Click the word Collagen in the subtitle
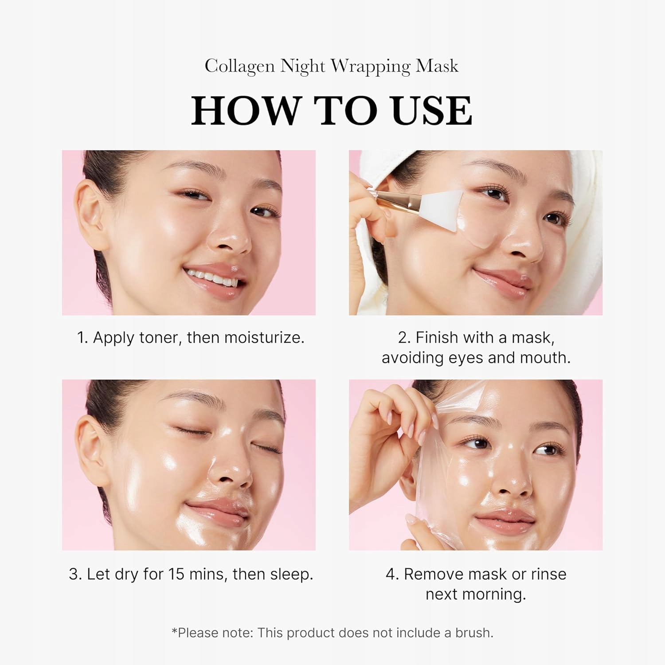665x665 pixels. [240, 66]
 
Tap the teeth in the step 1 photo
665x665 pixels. [212, 277]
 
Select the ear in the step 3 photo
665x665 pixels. [93, 448]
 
